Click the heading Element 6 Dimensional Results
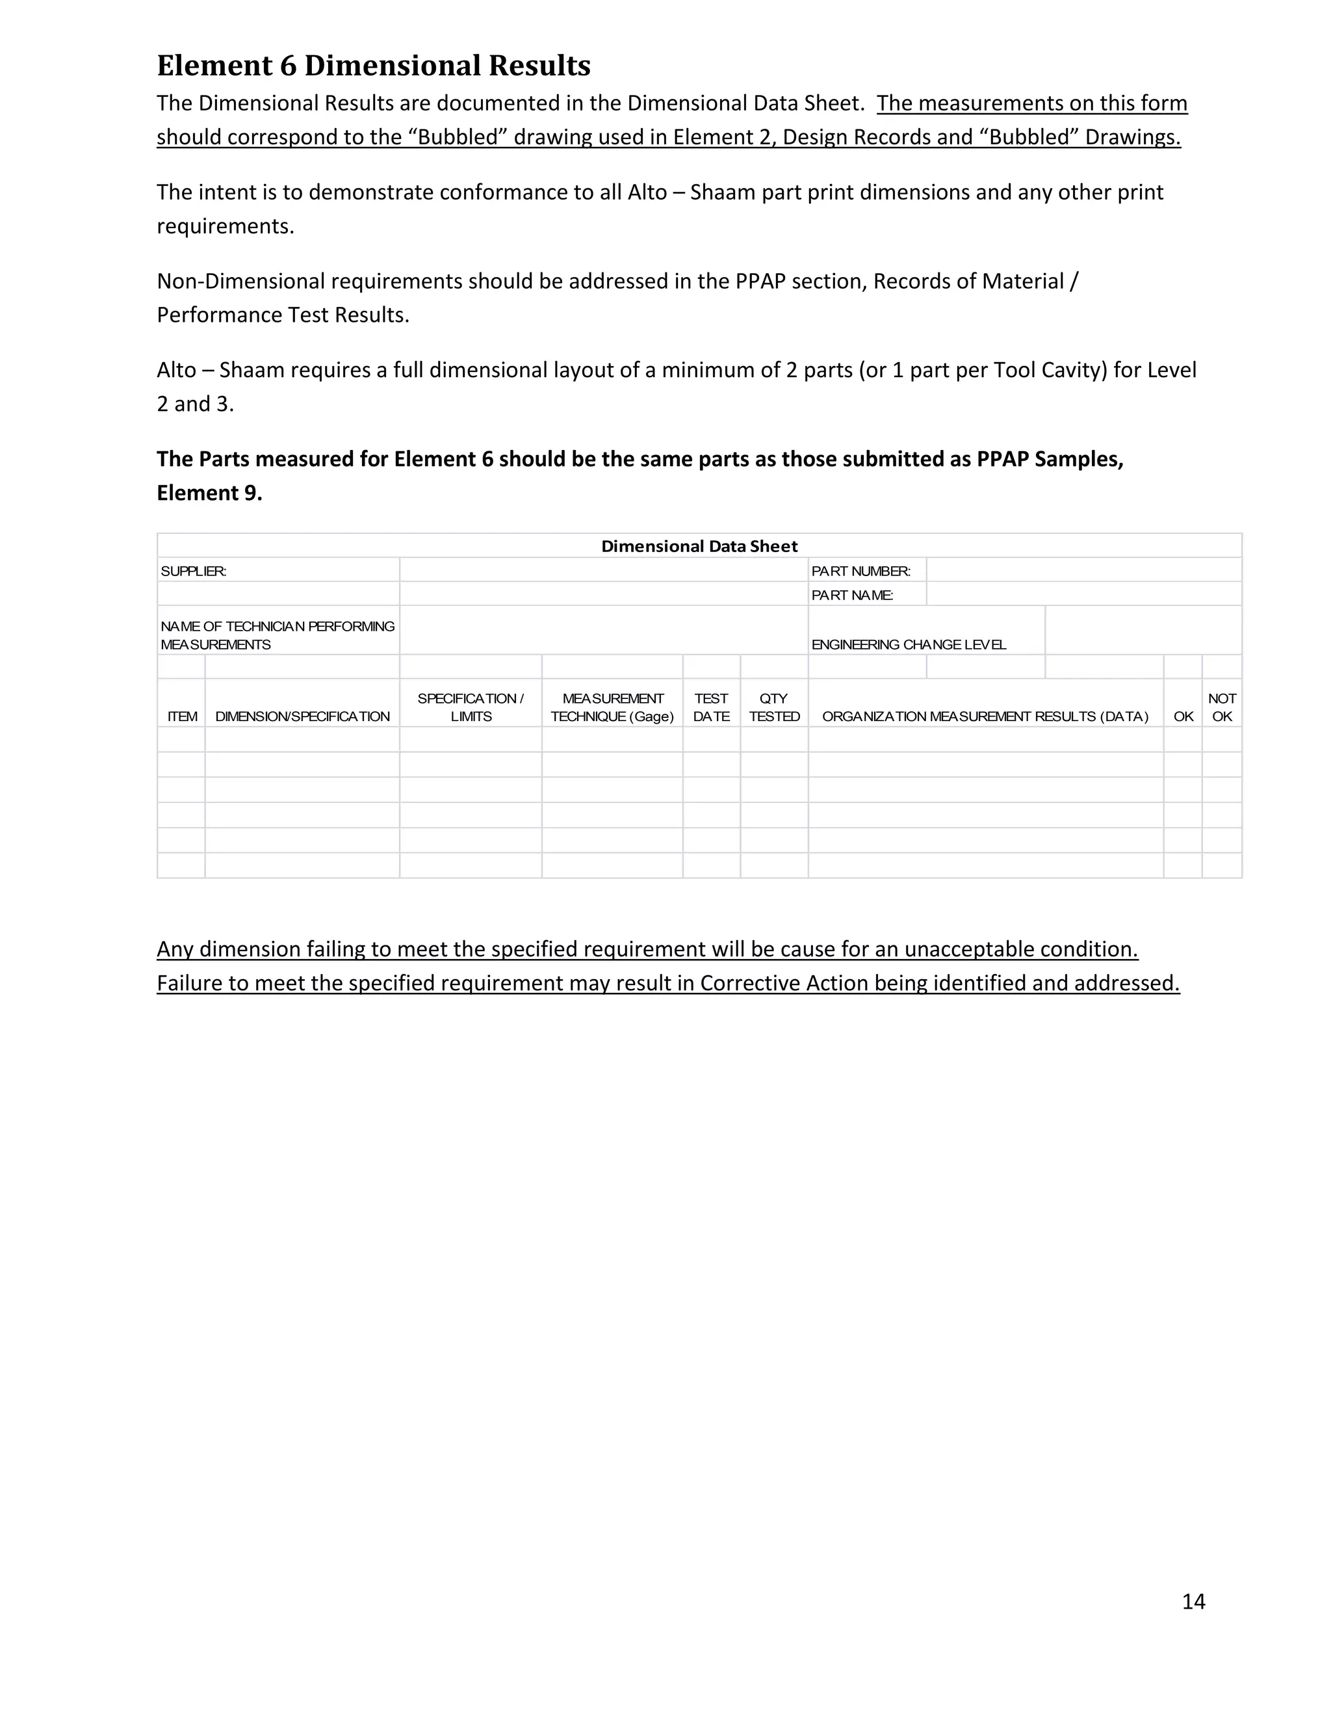tap(373, 66)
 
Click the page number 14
tap(1193, 1601)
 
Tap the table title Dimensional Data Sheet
tap(699, 546)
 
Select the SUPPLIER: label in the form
tap(194, 571)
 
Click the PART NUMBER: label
tap(860, 571)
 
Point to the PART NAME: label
tap(851, 595)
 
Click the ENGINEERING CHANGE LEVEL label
tap(909, 644)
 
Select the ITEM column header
tap(182, 717)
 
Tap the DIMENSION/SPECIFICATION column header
tap(302, 717)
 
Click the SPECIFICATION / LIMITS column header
tap(471, 707)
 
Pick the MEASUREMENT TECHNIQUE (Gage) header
tap(612, 707)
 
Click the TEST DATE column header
tap(710, 707)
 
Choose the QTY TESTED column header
tap(773, 707)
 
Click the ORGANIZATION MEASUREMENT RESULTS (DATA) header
tap(985, 717)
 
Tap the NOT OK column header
tap(1221, 707)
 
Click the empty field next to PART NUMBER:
tap(1083, 570)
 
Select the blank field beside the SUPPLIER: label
tap(603, 570)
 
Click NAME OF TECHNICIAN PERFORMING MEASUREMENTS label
tap(278, 635)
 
